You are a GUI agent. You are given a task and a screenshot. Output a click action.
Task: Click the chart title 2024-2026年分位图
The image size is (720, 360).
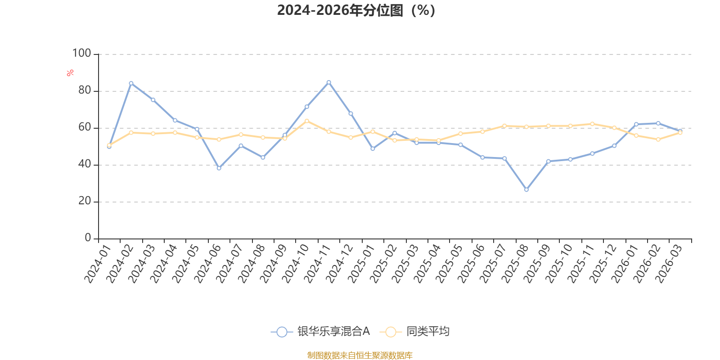pos(356,10)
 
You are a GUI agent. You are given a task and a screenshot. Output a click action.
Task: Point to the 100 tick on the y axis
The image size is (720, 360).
pos(82,54)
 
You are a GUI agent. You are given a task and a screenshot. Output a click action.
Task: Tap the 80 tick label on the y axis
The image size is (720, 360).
pos(85,90)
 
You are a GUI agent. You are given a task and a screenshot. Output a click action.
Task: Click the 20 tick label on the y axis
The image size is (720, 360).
pos(85,201)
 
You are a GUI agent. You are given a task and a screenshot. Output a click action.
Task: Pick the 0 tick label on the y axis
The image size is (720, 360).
pos(88,238)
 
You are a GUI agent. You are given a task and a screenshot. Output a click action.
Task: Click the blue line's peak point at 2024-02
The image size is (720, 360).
pos(131,83)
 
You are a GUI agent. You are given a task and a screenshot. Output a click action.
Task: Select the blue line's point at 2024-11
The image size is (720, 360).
pos(329,82)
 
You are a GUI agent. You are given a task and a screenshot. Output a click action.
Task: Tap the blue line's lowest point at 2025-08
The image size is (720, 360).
pos(526,190)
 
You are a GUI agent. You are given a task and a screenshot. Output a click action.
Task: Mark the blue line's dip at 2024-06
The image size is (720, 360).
pos(219,168)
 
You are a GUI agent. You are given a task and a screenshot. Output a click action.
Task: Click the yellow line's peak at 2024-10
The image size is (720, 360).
pos(307,121)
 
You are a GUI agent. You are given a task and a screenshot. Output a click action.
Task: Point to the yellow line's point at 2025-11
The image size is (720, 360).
pos(592,124)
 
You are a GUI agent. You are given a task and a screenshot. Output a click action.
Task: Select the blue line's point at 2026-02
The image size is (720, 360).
pos(658,123)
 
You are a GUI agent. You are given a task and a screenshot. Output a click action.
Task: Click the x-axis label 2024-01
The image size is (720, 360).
pos(98,264)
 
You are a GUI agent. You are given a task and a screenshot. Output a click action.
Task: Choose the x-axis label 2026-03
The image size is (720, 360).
pos(669,264)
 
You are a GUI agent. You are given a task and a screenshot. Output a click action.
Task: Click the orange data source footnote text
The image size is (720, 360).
pos(360,355)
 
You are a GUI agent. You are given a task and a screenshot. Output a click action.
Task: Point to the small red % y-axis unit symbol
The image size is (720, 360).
pos(70,73)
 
